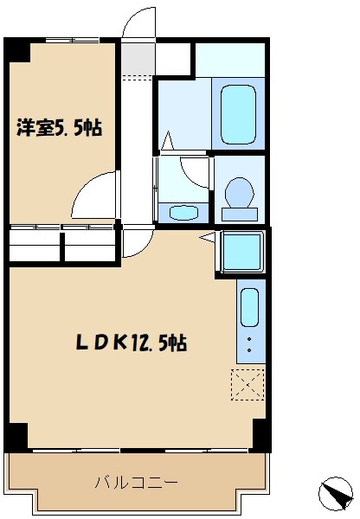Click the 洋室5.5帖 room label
(60, 129)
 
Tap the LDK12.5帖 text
(130, 343)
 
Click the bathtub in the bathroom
(238, 113)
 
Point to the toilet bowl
(238, 192)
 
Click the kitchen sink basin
(249, 306)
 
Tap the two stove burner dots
(249, 344)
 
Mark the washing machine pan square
(243, 253)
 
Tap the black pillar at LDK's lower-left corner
(16, 436)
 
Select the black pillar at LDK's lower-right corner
(260, 436)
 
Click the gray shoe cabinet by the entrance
(135, 59)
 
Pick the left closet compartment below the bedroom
(35, 244)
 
